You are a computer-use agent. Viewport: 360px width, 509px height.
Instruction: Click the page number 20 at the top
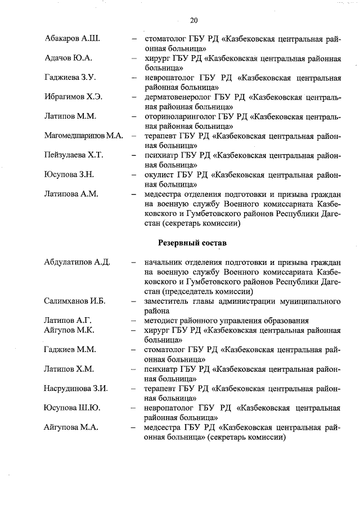point(193,21)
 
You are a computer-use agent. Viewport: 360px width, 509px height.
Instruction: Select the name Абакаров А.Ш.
point(71,39)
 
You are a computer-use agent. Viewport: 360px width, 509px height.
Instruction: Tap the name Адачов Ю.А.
point(68,58)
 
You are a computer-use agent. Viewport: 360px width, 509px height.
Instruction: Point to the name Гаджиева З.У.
point(70,77)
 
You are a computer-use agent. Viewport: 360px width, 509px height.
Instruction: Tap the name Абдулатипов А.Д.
point(76,263)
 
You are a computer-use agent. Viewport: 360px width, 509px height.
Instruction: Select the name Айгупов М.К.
point(69,330)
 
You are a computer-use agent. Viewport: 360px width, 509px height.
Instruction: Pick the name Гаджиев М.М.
point(69,349)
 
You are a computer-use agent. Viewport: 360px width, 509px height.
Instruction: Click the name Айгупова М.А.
point(71,427)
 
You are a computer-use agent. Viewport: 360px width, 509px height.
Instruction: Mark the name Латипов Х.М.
point(69,369)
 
